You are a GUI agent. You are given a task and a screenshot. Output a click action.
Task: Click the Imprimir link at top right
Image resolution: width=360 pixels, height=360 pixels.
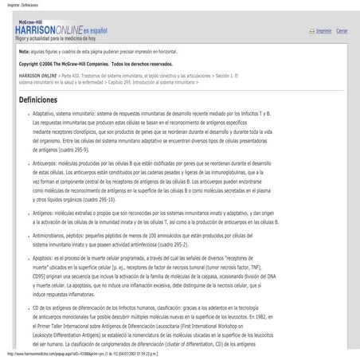tap(323, 31)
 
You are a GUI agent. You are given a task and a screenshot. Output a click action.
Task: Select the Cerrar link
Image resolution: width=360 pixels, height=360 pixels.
tap(342, 31)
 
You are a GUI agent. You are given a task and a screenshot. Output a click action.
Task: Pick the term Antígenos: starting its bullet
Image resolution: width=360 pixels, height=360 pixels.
tap(45, 213)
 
